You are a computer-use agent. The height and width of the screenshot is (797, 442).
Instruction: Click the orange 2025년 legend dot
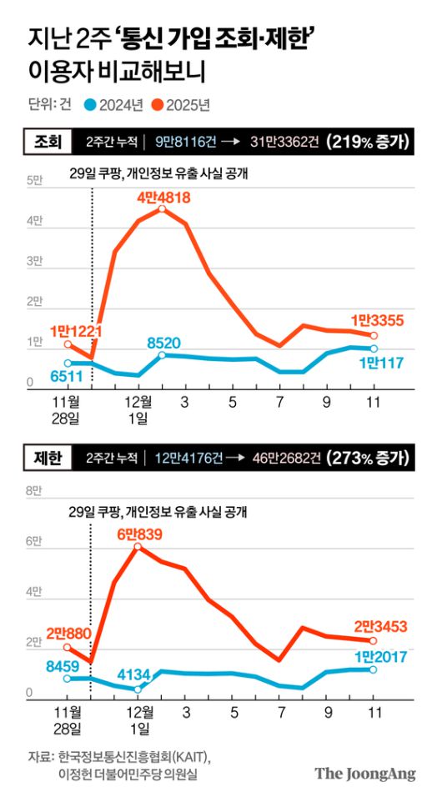(155, 104)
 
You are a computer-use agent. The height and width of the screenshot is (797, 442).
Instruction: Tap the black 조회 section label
(48, 141)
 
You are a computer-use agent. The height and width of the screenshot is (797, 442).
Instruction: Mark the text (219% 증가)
(368, 141)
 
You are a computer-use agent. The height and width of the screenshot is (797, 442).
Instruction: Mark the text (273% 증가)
(368, 458)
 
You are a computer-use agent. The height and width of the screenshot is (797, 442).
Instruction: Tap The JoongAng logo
(364, 773)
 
